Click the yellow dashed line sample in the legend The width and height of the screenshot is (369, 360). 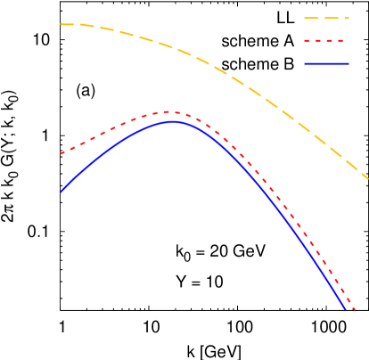tap(326, 18)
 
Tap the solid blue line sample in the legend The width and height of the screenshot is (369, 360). tap(326, 64)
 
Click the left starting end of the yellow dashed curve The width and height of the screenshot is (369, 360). tap(61, 24)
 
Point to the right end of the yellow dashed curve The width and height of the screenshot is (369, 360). tap(367, 178)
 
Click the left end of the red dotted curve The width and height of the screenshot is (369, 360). tap(61, 154)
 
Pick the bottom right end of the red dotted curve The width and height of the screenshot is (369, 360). tap(355, 310)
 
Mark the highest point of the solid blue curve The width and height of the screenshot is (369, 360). tap(173, 121)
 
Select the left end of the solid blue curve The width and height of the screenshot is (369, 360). tap(61, 192)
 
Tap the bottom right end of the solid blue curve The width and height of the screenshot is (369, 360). tap(346, 308)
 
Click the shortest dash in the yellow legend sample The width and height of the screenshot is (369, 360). tap(347, 18)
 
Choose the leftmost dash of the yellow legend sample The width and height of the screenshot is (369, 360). tap(311, 18)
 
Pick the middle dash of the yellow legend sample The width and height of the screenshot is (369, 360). tap(332, 18)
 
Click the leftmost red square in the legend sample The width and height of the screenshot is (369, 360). tap(307, 41)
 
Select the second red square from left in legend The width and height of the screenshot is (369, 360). tap(319, 41)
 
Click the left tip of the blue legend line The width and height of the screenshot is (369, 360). tap(305, 64)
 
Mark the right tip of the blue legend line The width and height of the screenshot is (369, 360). tap(348, 64)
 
